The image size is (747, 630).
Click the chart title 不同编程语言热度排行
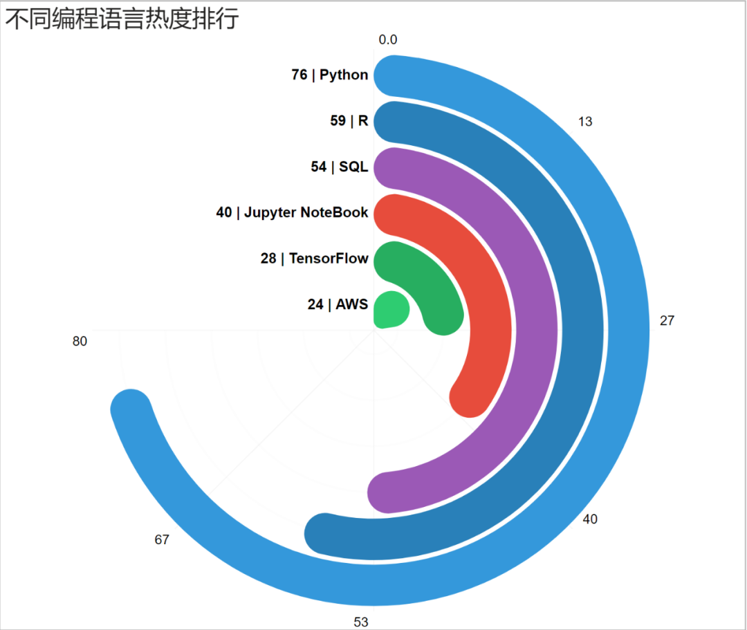tap(122, 19)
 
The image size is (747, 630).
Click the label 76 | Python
tap(330, 75)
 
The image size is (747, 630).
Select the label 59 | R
tap(349, 121)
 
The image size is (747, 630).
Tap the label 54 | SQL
tap(340, 167)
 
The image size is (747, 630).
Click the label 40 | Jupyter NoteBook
tap(292, 212)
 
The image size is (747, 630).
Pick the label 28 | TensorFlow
tap(315, 259)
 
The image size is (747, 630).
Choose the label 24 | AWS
tap(338, 304)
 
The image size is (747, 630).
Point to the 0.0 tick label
tap(388, 40)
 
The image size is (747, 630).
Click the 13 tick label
tap(585, 122)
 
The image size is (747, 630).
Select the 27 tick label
tap(667, 320)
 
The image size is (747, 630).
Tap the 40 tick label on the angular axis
tap(590, 519)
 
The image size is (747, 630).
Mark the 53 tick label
tap(361, 621)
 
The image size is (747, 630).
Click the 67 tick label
tap(162, 539)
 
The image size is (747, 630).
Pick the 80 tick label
tap(80, 341)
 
